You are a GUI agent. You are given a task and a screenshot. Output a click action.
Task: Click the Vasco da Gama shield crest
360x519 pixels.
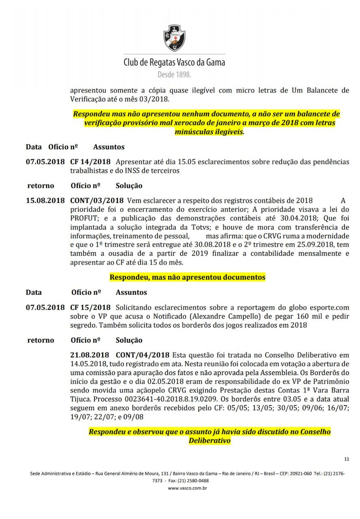[175, 38]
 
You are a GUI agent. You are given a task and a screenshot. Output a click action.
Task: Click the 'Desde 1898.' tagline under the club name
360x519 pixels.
[174, 75]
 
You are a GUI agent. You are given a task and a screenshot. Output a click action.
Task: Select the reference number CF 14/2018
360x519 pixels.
[90, 162]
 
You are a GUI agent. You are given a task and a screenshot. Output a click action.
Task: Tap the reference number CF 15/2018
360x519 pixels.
[90, 308]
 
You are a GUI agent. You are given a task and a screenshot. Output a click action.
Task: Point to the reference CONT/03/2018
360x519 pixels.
[97, 201]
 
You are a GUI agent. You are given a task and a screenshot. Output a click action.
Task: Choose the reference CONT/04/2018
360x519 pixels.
[143, 355]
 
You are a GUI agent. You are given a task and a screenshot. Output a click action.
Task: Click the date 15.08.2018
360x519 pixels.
[45, 201]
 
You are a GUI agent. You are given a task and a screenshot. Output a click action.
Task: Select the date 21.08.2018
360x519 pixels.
[90, 355]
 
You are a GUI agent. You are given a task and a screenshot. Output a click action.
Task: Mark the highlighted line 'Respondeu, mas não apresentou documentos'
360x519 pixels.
[187, 277]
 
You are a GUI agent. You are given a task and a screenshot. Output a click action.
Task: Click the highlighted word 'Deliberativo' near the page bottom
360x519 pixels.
[210, 440]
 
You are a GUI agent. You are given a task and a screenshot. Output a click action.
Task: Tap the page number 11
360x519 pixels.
[347, 459]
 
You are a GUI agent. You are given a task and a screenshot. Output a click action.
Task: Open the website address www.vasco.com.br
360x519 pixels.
[187, 488]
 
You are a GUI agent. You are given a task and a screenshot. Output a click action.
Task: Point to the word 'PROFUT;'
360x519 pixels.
[84, 218]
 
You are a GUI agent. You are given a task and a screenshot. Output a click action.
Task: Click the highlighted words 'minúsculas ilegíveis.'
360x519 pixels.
[210, 132]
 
